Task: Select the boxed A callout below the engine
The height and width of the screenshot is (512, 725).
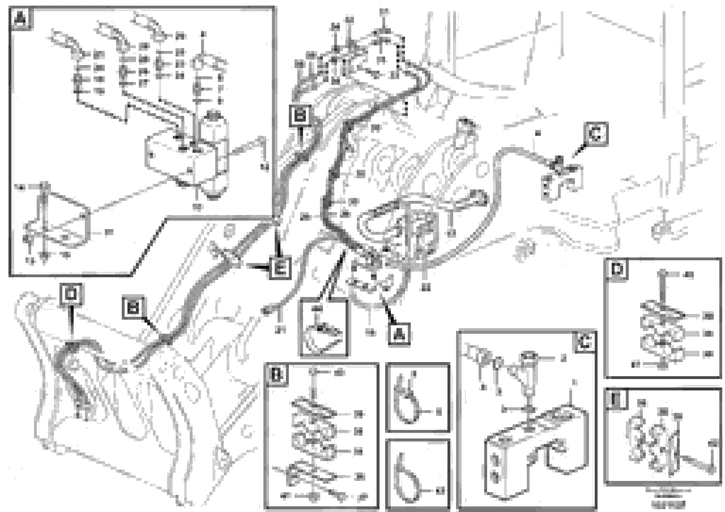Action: (399, 334)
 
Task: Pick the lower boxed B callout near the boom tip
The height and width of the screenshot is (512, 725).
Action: (133, 307)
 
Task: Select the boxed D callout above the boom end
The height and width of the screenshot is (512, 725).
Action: (71, 294)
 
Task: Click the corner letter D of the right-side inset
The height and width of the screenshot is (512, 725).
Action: (617, 269)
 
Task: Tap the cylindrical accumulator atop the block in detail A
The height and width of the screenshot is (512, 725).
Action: (213, 126)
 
